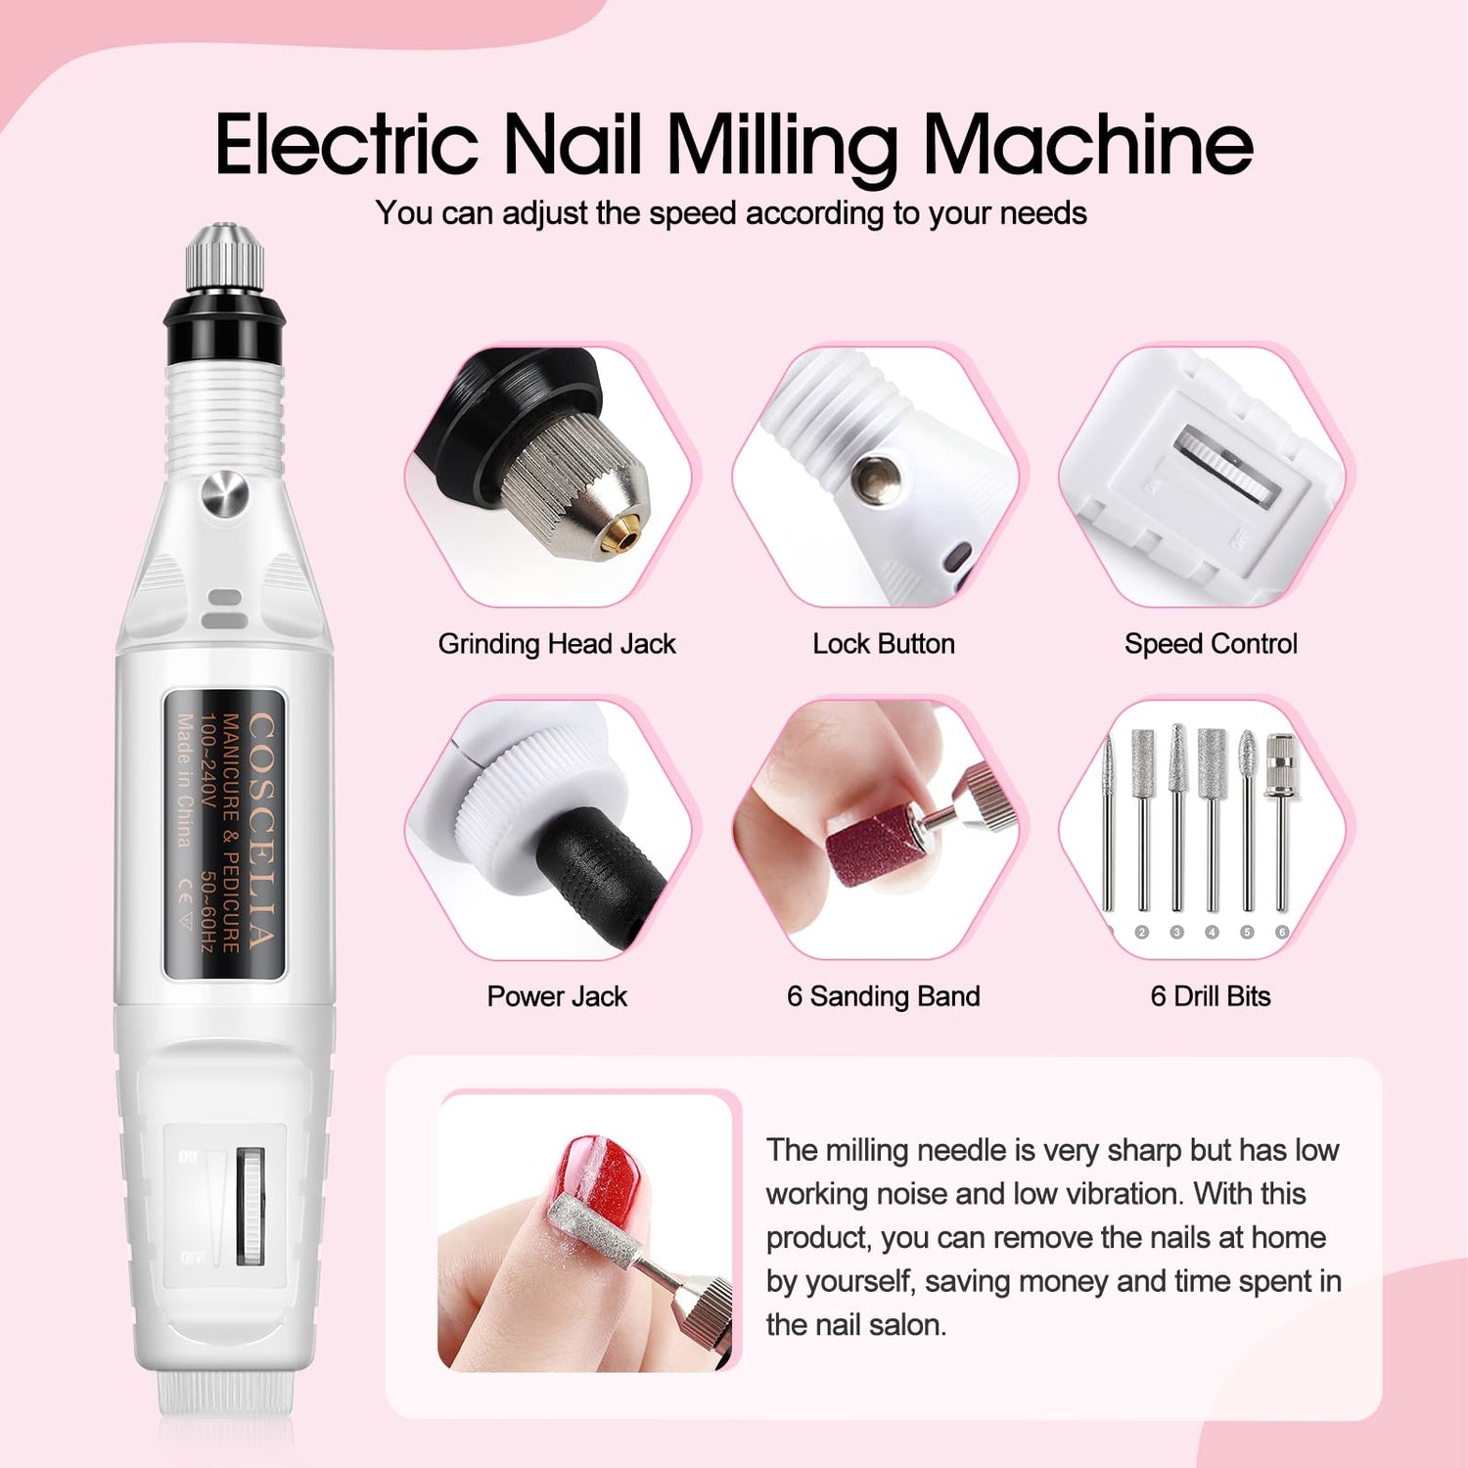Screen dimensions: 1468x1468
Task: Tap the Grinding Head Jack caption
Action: click(x=557, y=644)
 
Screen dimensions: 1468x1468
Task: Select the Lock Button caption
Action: click(x=884, y=644)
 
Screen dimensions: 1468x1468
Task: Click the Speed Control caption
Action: click(x=1211, y=644)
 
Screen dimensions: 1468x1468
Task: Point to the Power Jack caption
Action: click(x=557, y=996)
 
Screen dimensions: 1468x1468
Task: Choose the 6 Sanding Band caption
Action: click(x=884, y=996)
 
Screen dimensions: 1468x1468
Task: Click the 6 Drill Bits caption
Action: click(x=1211, y=996)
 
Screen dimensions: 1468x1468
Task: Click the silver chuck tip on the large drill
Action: click(x=225, y=258)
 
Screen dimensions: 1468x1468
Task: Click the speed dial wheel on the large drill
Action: click(x=251, y=1206)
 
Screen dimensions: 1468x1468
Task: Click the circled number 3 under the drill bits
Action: click(x=1176, y=933)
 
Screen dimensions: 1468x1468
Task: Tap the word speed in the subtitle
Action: click(x=694, y=214)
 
